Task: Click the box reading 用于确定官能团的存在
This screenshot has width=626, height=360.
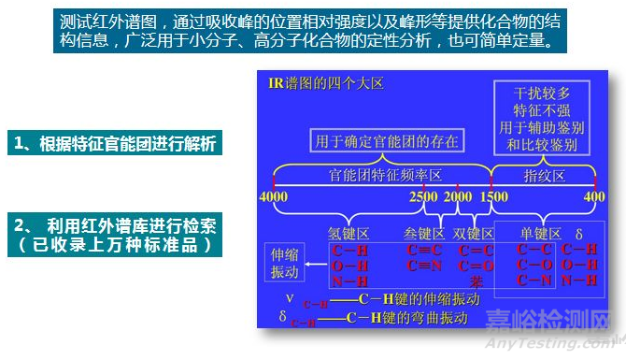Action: [x=386, y=142]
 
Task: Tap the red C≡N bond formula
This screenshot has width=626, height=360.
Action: [x=425, y=266]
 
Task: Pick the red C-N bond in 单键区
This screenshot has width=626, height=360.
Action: [x=537, y=281]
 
